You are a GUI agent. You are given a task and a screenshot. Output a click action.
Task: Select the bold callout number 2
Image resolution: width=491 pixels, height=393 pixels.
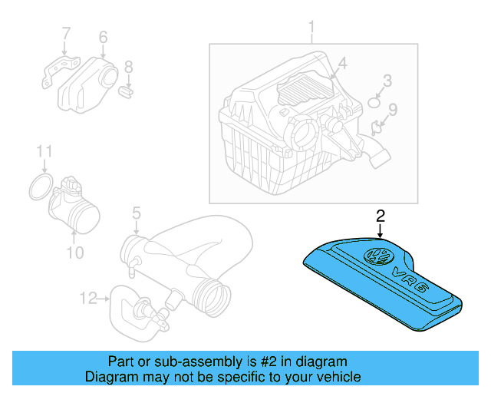click(x=381, y=216)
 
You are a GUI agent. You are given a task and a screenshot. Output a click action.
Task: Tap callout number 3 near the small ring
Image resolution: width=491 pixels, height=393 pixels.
click(x=387, y=81)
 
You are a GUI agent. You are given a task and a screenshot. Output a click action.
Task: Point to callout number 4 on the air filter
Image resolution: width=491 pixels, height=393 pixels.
click(x=343, y=63)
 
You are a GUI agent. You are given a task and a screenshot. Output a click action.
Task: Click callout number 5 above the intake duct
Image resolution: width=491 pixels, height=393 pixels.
click(x=137, y=213)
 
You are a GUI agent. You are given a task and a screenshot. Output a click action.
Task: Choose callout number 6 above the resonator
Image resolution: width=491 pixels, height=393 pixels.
click(x=103, y=37)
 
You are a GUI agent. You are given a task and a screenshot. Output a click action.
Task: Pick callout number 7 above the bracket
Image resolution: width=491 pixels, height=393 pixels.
click(x=66, y=34)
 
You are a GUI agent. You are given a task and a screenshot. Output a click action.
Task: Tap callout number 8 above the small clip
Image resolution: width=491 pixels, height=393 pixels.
click(x=129, y=67)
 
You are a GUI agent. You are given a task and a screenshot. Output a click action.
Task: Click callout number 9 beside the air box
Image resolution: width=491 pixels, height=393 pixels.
click(x=393, y=109)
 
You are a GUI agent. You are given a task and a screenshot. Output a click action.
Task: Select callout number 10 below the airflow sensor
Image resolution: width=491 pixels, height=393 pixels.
click(x=75, y=253)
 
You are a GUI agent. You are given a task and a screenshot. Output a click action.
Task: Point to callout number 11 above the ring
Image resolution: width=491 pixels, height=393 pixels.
click(x=44, y=151)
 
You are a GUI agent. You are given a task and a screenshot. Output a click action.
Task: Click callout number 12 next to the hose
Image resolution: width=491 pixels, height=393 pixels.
click(x=88, y=298)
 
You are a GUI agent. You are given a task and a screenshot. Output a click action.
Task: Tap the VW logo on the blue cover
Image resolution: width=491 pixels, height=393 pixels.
click(x=378, y=256)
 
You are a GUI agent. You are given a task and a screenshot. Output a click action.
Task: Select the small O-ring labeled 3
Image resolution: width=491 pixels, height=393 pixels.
click(x=374, y=103)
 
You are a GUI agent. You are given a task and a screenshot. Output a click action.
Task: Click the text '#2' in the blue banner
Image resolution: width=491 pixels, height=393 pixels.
click(x=268, y=362)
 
